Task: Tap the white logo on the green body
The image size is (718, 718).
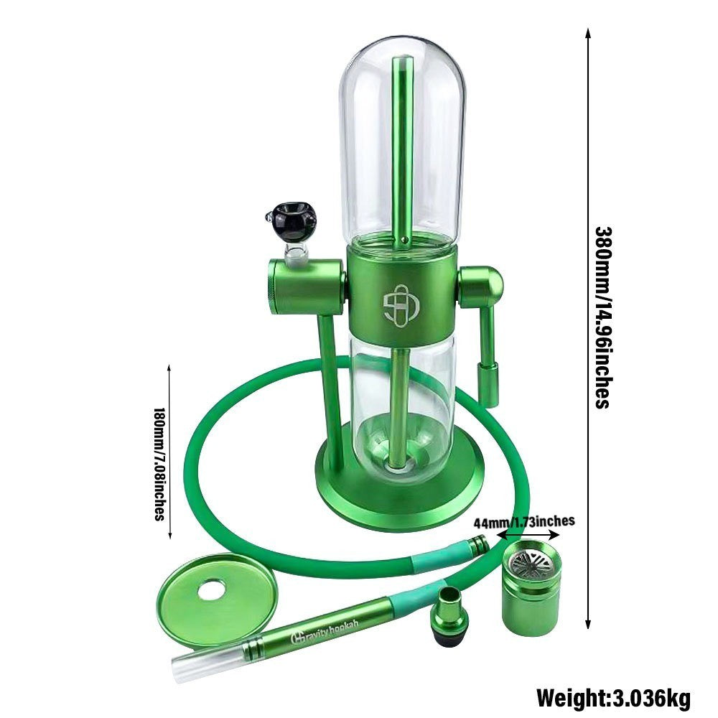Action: pyautogui.click(x=401, y=305)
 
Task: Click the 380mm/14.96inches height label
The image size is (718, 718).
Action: pyautogui.click(x=605, y=317)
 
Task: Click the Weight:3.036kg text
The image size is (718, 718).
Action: pyautogui.click(x=614, y=699)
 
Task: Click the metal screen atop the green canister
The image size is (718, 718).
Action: pyautogui.click(x=531, y=559)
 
